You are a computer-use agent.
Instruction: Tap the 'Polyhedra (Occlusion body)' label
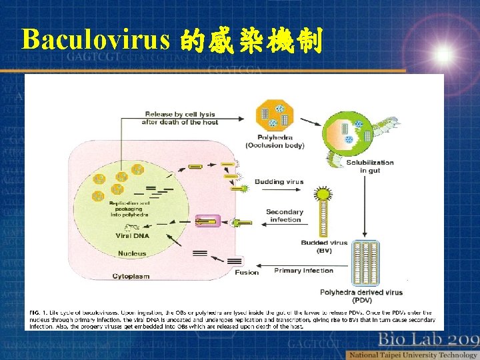pyautogui.click(x=275, y=141)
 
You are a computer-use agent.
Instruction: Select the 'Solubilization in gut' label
pyautogui.click(x=370, y=166)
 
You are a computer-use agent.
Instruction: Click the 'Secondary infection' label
pyautogui.click(x=285, y=215)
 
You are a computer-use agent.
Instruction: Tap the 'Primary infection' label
pyautogui.click(x=304, y=271)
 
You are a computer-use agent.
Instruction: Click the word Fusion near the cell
pyautogui.click(x=247, y=272)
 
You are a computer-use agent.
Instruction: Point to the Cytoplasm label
pyautogui.click(x=131, y=276)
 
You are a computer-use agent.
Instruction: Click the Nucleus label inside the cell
pyautogui.click(x=132, y=253)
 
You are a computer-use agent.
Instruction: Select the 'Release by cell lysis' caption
pyautogui.click(x=180, y=118)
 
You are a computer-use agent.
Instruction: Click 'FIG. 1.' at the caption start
pyautogui.click(x=39, y=312)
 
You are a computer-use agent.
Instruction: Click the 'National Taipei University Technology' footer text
pyautogui.click(x=413, y=354)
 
